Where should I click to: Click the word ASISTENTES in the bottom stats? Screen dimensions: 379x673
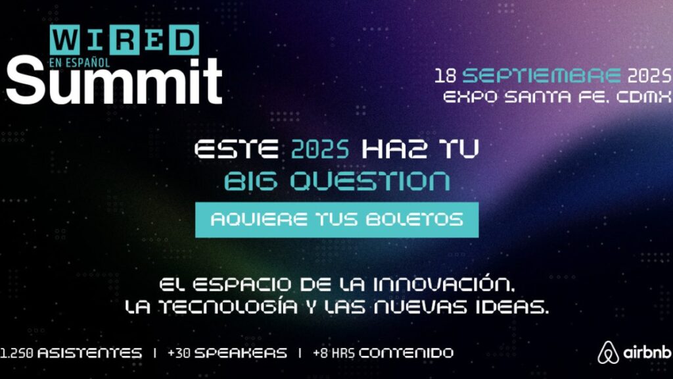(89, 353)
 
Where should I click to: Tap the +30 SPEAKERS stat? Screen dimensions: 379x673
(227, 353)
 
